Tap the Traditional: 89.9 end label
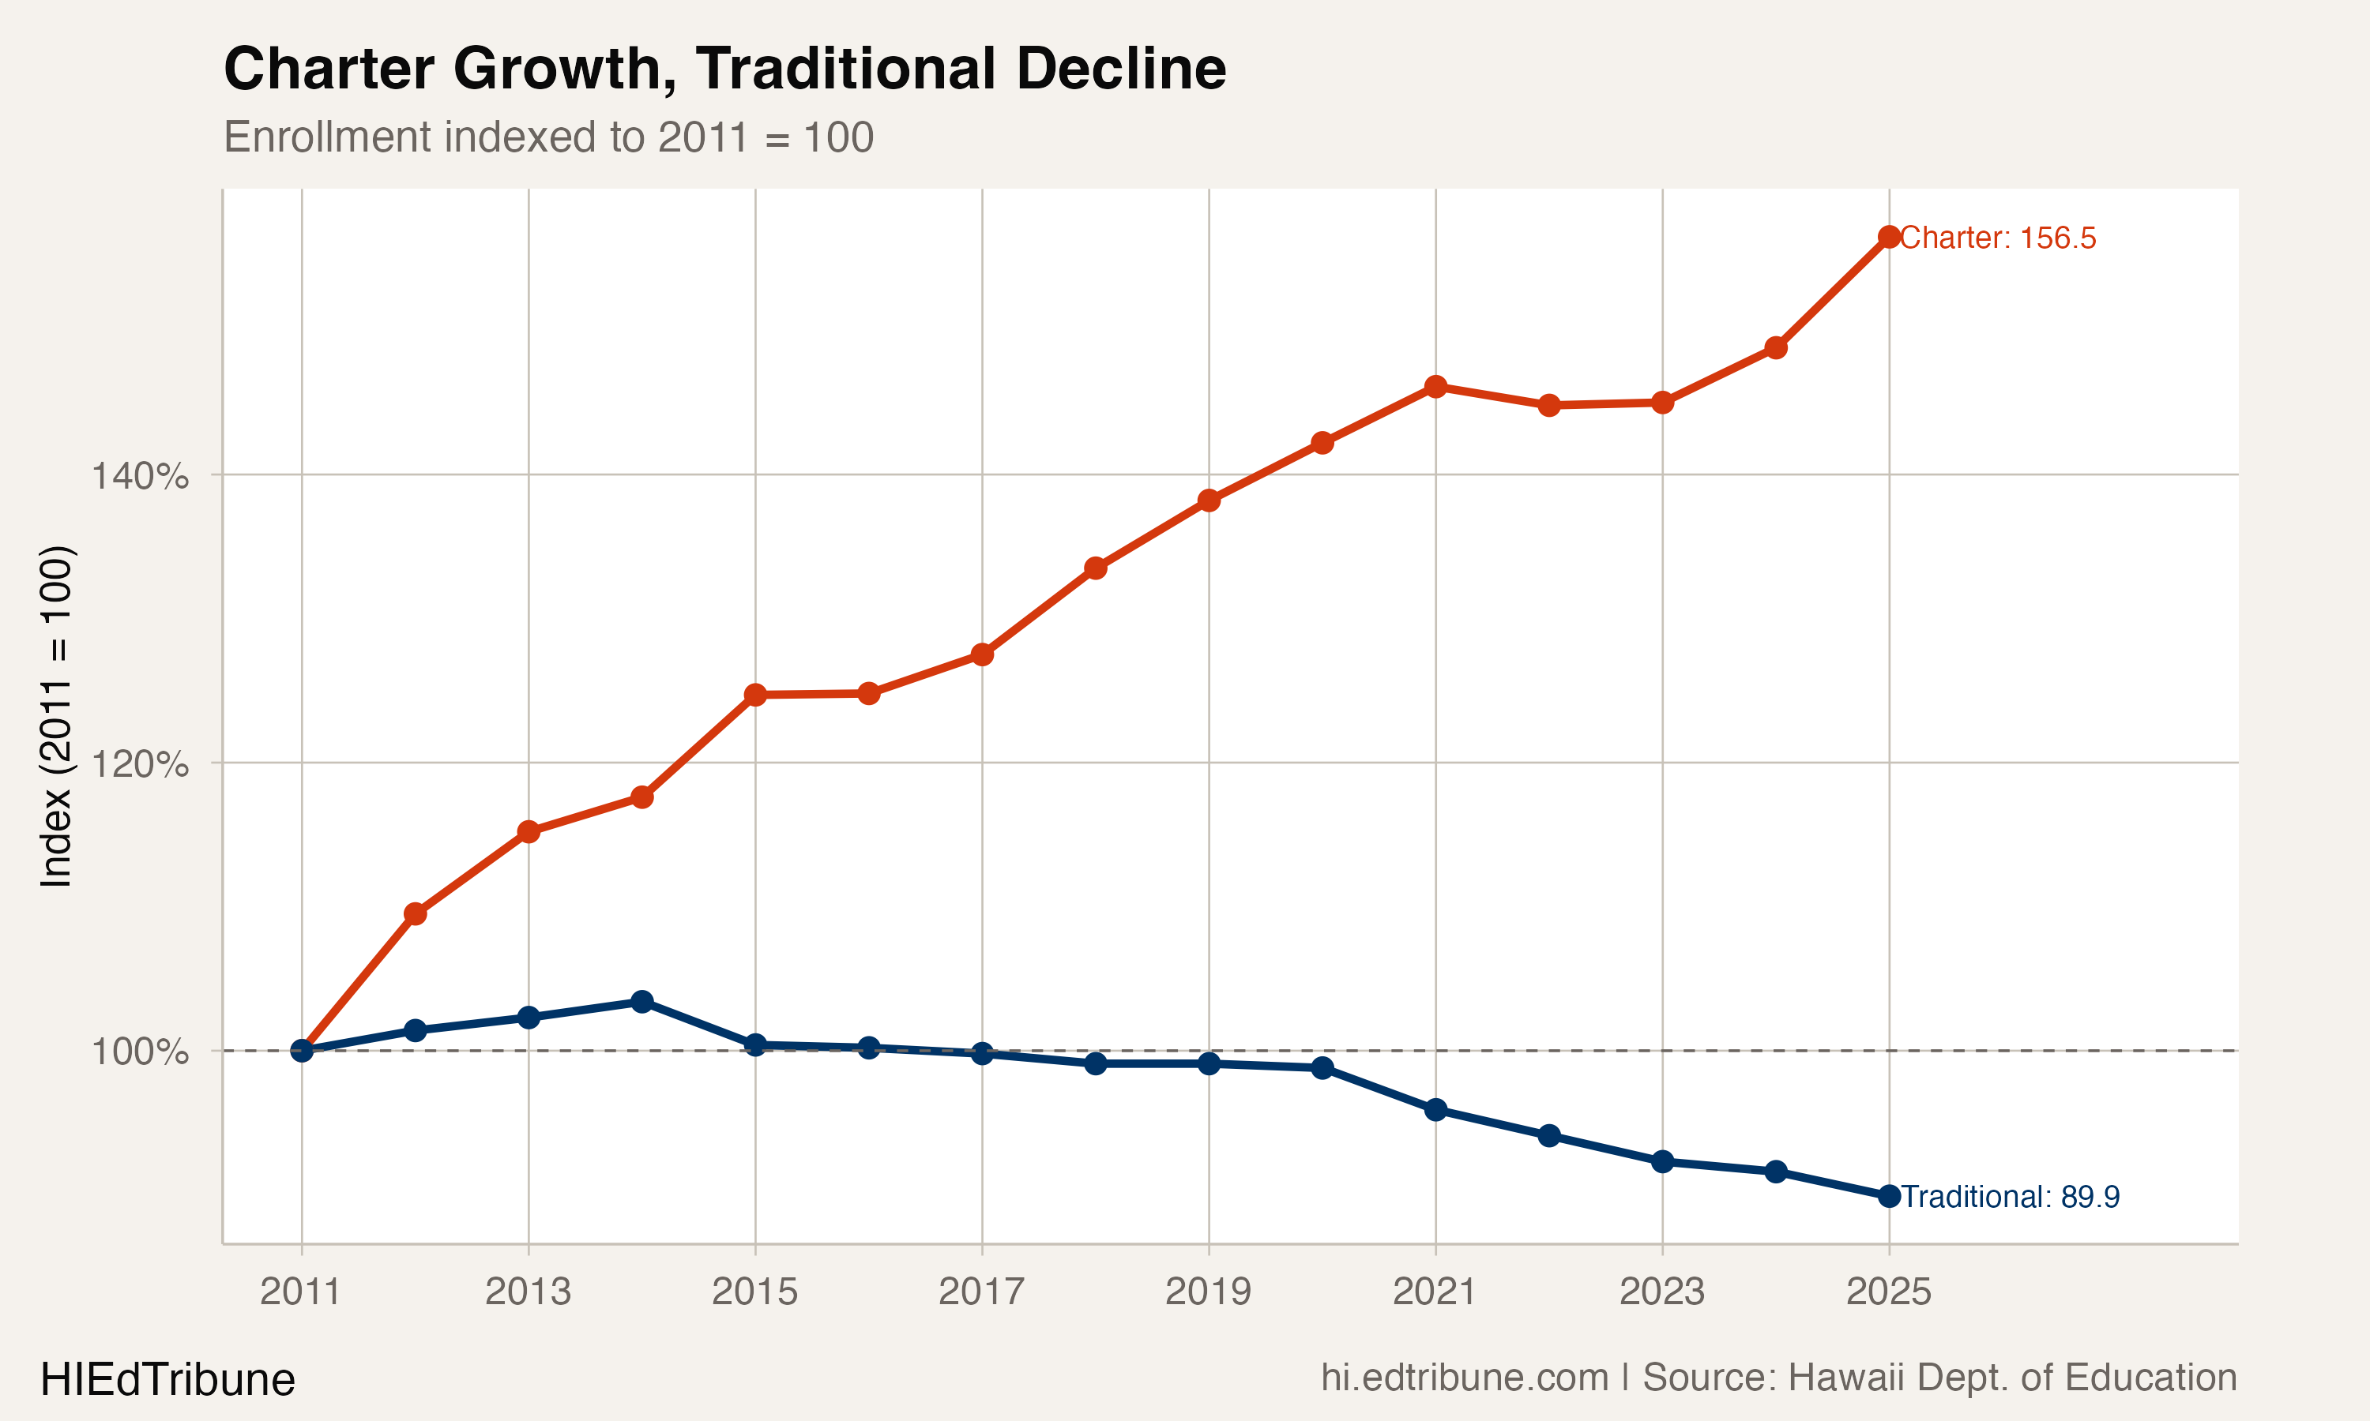[x=2010, y=1197]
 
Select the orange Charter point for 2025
[x=1889, y=237]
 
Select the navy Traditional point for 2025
[x=1889, y=1196]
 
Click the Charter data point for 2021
[x=1435, y=387]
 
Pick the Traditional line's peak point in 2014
[x=641, y=1002]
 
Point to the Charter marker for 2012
[x=415, y=913]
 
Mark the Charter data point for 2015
[x=755, y=694]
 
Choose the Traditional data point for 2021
[x=1435, y=1110]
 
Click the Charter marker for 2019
[x=1209, y=500]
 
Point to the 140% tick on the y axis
[x=140, y=476]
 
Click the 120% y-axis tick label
[x=140, y=764]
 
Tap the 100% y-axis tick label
[x=140, y=1052]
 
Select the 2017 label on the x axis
[x=981, y=1292]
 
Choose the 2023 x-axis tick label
[x=1661, y=1292]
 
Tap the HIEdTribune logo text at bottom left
[x=167, y=1380]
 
